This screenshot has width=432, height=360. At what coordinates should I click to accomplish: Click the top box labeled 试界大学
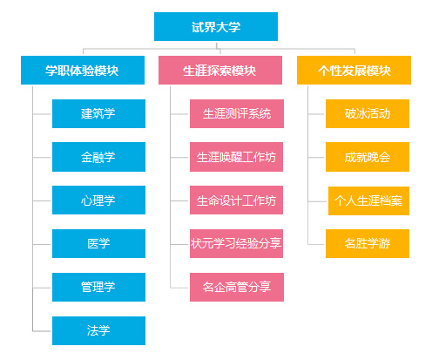click(216, 26)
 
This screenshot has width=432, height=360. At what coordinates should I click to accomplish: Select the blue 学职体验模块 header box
click(83, 70)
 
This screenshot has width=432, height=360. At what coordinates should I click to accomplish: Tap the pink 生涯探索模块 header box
click(220, 70)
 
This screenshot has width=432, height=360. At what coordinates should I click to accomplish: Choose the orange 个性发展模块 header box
click(354, 70)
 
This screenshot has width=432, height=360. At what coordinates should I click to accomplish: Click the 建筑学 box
click(98, 113)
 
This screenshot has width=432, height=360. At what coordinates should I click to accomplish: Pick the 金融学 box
click(98, 157)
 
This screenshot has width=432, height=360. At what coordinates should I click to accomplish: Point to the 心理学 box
click(98, 200)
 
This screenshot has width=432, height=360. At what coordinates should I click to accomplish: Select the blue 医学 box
click(98, 243)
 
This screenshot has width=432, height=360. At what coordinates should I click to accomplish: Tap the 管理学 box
click(98, 287)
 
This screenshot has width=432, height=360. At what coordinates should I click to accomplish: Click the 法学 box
click(98, 330)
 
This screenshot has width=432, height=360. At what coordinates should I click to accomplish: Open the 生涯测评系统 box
click(237, 113)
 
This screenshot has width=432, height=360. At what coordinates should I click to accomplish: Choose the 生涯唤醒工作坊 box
click(236, 157)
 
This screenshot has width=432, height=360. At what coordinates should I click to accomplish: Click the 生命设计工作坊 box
click(236, 200)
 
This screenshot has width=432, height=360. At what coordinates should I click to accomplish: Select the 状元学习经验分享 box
click(236, 243)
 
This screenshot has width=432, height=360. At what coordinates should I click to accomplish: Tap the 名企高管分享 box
click(237, 287)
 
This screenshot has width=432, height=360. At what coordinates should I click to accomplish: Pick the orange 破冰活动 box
click(368, 113)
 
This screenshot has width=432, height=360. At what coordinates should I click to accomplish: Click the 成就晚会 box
click(368, 157)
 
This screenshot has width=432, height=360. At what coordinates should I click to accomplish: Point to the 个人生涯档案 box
click(368, 200)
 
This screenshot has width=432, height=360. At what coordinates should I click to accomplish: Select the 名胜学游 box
click(368, 243)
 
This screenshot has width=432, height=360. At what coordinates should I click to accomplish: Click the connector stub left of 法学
click(42, 331)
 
